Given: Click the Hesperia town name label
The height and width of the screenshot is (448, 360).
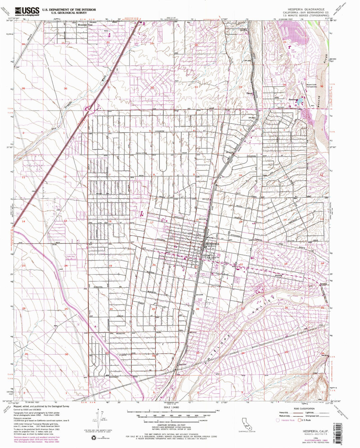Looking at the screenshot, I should point(212,244).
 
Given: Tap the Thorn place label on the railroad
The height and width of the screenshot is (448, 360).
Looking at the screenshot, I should point(250,94).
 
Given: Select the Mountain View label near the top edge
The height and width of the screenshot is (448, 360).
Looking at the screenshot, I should point(85,25).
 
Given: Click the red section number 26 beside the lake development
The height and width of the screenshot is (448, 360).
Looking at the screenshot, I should point(284,42).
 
